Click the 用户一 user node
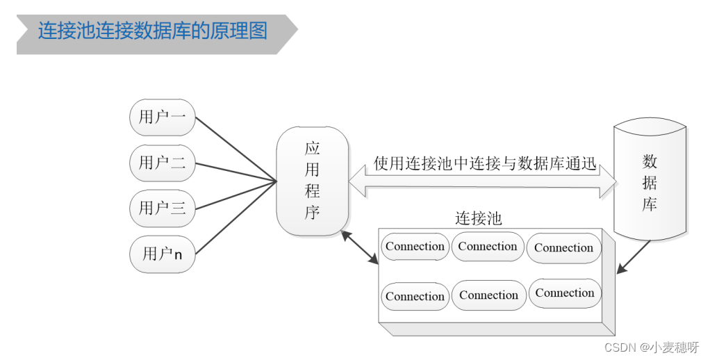163,117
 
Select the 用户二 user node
163,163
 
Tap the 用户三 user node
163,208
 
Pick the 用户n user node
163,254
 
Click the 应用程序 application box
312,181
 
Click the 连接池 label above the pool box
478,218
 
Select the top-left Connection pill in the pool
415,247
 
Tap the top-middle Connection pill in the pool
488,247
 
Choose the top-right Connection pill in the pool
563,248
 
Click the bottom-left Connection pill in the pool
415,297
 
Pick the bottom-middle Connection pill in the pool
488,295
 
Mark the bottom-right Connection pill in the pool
565,293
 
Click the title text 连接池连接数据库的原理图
153,31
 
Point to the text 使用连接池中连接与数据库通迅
485,165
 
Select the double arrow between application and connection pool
360,247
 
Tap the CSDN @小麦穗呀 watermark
650,347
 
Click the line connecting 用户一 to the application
236,149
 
